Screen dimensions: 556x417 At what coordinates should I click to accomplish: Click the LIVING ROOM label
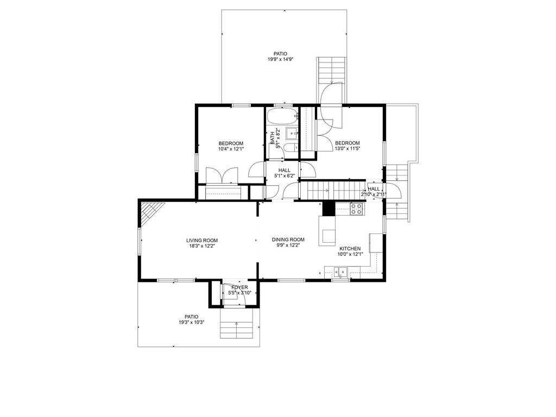click(x=202, y=241)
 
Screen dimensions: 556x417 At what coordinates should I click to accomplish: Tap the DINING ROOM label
click(x=288, y=239)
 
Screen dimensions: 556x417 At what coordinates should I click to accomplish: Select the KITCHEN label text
click(x=350, y=249)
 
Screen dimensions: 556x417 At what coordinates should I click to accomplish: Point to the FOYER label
click(x=239, y=288)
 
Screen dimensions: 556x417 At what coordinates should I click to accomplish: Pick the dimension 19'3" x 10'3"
click(x=192, y=323)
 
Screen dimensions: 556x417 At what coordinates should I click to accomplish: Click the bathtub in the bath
click(x=282, y=116)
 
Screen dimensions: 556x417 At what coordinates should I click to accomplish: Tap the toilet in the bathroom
click(x=292, y=148)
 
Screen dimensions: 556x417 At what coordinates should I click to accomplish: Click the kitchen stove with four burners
click(x=356, y=209)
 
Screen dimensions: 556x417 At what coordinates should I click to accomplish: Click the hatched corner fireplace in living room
click(x=150, y=212)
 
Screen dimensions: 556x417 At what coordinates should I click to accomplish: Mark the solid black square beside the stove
click(x=328, y=209)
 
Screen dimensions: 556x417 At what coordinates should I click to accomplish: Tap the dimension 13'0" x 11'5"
click(x=347, y=149)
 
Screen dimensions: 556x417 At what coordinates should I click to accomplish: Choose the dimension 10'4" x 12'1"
click(x=231, y=149)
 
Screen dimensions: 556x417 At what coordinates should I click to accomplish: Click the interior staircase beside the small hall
click(x=333, y=191)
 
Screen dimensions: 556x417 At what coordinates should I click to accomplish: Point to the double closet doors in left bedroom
click(x=222, y=176)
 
